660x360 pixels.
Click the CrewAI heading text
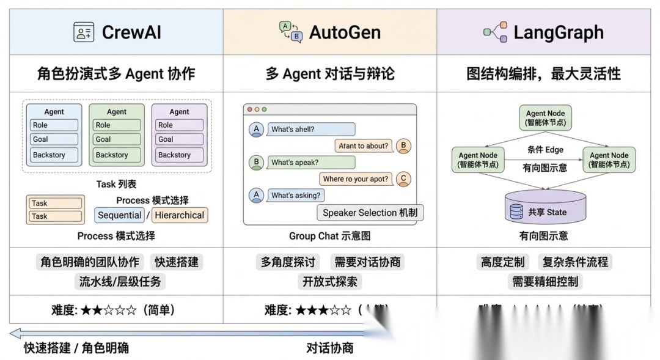[x=131, y=32]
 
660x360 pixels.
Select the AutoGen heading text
[x=345, y=32]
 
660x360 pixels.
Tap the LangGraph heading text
[x=559, y=32]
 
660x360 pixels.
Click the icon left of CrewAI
[x=84, y=32]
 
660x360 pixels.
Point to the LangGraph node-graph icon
[x=495, y=32]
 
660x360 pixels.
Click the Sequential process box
[x=120, y=215]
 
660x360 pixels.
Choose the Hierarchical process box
[x=180, y=215]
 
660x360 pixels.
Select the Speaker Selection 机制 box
[x=369, y=213]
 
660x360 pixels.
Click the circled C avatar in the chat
[x=403, y=179]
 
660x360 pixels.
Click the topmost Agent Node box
[x=546, y=117]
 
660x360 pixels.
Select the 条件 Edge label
[x=545, y=150]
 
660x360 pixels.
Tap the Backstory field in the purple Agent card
[x=178, y=155]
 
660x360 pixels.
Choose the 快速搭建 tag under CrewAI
[x=177, y=262]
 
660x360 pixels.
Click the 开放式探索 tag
[x=330, y=281]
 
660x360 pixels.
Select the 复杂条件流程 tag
[x=575, y=262]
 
